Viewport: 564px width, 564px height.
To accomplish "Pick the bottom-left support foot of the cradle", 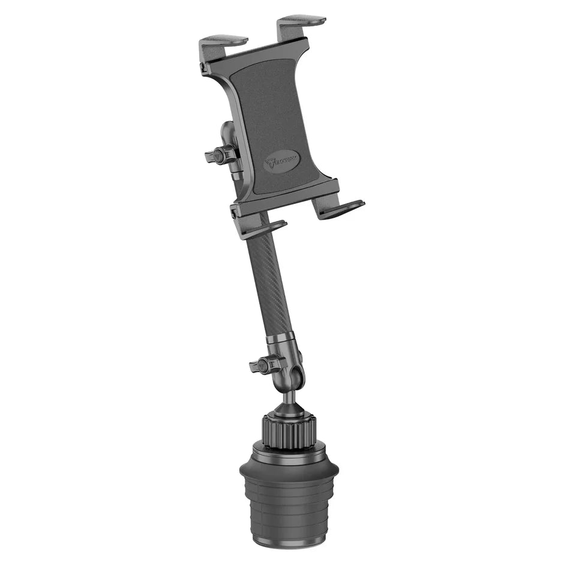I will click(x=265, y=228).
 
